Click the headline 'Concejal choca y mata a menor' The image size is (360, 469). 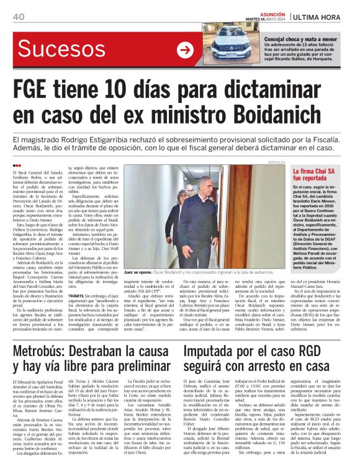tap(301, 38)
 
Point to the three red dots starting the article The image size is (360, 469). tap(17, 165)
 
